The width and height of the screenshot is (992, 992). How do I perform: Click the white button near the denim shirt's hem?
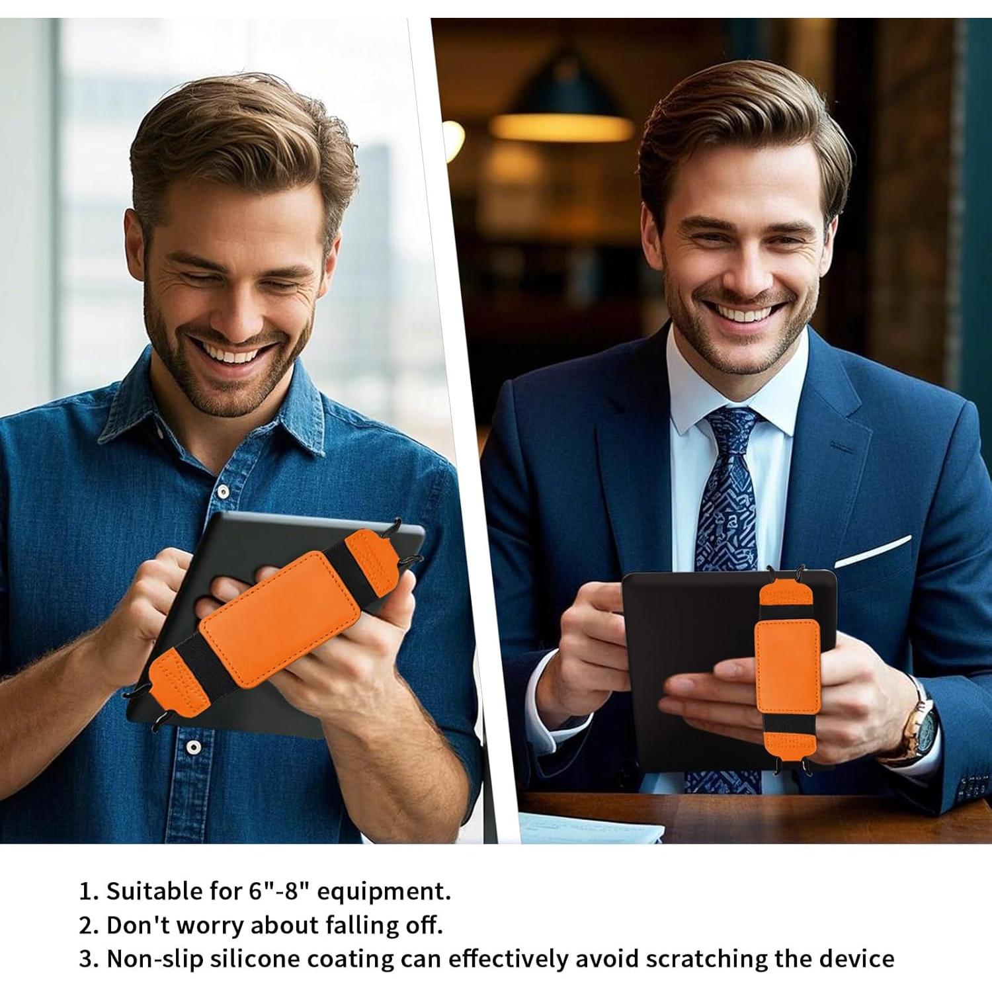192,747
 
